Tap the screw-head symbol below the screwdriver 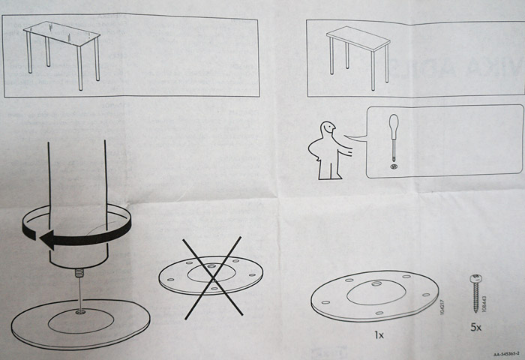394,166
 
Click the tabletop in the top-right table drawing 358,37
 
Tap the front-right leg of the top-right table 373,72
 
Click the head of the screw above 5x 475,279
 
